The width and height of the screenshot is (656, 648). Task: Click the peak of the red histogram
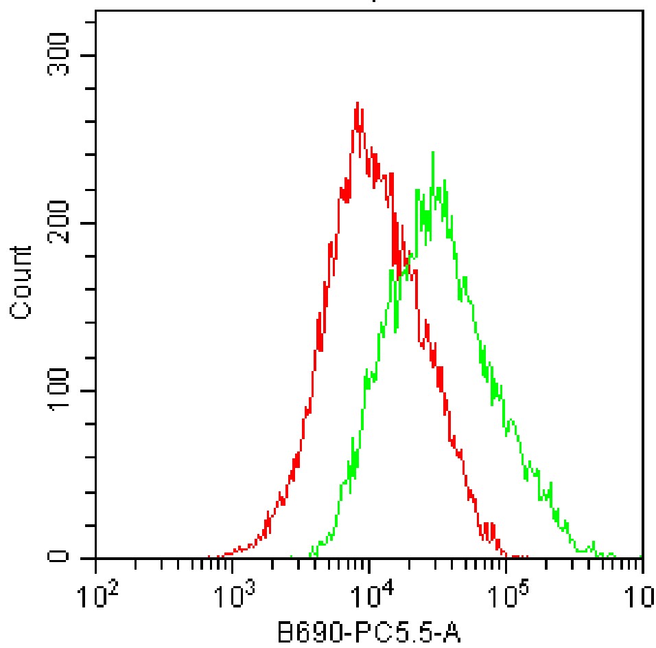pos(358,103)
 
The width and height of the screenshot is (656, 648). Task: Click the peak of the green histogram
pos(432,153)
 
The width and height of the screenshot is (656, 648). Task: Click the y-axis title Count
pos(22,281)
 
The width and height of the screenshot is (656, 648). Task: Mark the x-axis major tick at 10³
pos(233,565)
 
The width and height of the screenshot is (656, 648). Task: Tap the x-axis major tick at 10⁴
pos(369,565)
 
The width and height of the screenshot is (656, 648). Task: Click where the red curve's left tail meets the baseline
pos(209,557)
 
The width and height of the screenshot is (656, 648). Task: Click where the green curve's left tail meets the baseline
pos(292,557)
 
